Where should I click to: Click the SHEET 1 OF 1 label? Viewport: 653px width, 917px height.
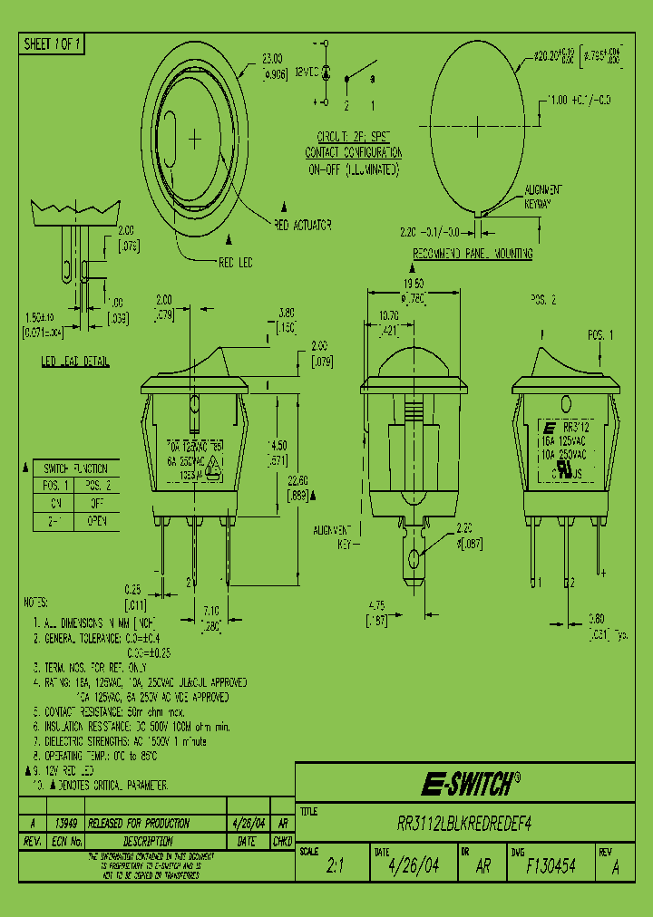click(x=53, y=43)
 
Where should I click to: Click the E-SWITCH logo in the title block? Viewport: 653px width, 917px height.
click(x=471, y=783)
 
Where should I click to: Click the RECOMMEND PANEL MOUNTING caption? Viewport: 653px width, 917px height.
click(x=472, y=255)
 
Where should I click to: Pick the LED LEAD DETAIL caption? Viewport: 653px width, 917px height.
click(x=76, y=362)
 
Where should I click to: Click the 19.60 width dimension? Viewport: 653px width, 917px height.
click(x=413, y=284)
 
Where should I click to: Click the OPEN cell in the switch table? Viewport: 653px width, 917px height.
click(x=97, y=520)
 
